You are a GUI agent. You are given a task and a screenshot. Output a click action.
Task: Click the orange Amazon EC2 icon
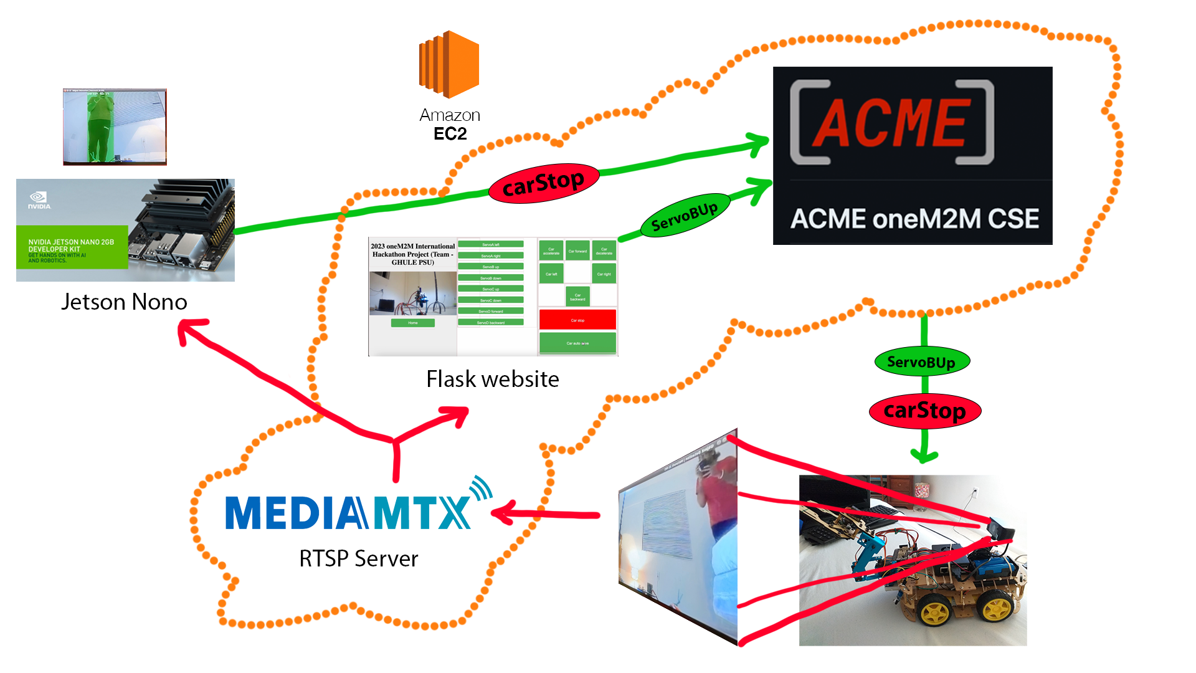pos(449,65)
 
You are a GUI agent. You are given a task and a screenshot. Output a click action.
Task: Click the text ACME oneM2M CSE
pos(914,219)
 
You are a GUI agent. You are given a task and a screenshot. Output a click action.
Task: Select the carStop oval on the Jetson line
pos(544,183)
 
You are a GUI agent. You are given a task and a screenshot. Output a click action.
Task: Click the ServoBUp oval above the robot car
pos(921,362)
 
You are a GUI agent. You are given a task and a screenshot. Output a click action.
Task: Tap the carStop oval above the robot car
pos(924,411)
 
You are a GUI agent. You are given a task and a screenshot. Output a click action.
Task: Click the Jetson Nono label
pos(124,302)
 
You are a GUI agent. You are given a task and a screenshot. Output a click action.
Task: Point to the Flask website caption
pos(492,379)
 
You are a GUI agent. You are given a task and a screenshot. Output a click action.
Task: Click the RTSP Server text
pos(359,558)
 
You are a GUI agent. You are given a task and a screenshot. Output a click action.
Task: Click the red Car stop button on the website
pos(577,320)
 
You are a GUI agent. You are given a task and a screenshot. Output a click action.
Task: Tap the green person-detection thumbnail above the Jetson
pos(115,126)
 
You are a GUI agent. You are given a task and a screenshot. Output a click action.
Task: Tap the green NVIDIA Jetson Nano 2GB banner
pos(72,248)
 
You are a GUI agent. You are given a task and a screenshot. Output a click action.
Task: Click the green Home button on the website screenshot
pos(412,323)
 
